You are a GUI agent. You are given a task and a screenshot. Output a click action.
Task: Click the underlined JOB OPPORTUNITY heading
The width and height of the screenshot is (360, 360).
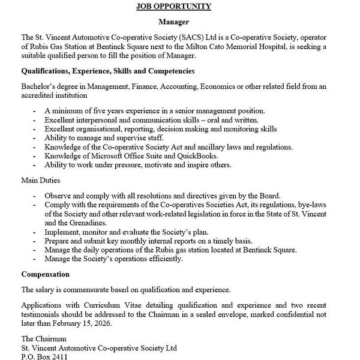173,7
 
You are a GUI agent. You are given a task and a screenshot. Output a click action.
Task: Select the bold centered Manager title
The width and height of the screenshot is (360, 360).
173,22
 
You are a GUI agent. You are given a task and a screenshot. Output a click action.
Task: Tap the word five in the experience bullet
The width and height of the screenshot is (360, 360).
94,110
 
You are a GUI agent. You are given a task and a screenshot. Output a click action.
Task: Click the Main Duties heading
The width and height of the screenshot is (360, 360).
41,180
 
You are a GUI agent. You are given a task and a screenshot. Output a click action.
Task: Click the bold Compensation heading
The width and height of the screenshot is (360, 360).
45,274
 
